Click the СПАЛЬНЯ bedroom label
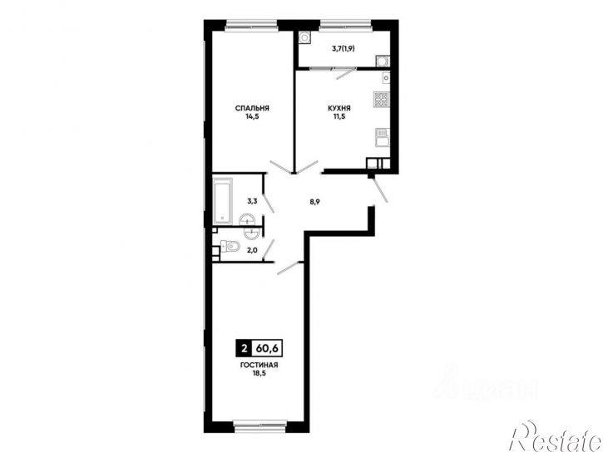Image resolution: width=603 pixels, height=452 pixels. (252, 108)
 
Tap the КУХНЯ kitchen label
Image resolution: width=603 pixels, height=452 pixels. (339, 108)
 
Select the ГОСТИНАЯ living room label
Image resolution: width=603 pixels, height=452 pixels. (259, 366)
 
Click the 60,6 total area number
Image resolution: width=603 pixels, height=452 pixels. (267, 349)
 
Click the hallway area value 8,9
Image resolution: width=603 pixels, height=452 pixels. (315, 202)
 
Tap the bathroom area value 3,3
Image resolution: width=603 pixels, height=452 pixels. (252, 201)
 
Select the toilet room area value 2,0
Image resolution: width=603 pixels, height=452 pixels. (252, 250)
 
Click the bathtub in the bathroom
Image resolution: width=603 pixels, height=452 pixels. (223, 200)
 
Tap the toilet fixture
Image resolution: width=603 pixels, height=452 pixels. (230, 246)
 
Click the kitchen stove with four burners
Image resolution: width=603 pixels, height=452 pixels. (381, 100)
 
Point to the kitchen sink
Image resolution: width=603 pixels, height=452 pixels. (383, 138)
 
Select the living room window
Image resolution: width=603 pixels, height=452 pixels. (260, 425)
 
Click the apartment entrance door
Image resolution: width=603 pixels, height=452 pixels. (379, 190)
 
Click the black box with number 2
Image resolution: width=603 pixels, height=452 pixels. (243, 349)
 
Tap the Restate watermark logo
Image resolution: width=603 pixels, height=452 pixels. (556, 438)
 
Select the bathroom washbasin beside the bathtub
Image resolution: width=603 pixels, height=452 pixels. (246, 220)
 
